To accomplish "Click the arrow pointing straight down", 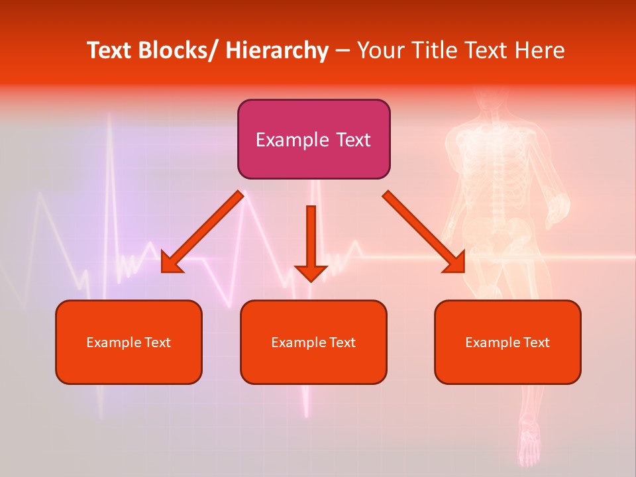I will tap(311, 242).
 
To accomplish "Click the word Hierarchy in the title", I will tap(277, 50).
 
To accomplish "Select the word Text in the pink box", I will tap(353, 140).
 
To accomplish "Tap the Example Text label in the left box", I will tap(129, 343).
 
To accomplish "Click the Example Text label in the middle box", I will tap(313, 343).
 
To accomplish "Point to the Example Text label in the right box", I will tap(507, 343).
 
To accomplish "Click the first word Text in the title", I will tap(109, 50).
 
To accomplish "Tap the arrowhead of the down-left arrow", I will tap(171, 264).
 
